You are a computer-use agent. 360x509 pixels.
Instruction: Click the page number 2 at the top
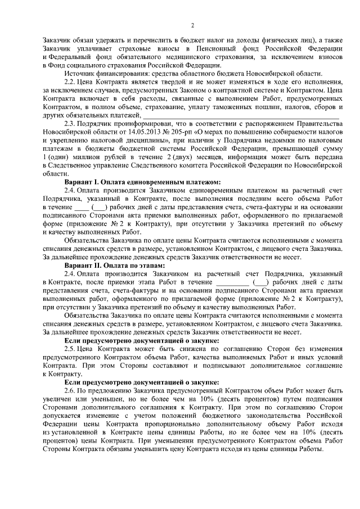point(192,25)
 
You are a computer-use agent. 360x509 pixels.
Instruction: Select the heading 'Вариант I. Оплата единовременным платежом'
point(142,181)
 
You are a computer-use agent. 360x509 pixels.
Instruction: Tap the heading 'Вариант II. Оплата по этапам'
point(114,264)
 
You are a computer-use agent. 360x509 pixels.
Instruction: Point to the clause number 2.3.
point(71,124)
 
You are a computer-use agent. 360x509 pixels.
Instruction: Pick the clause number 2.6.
point(71,390)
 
